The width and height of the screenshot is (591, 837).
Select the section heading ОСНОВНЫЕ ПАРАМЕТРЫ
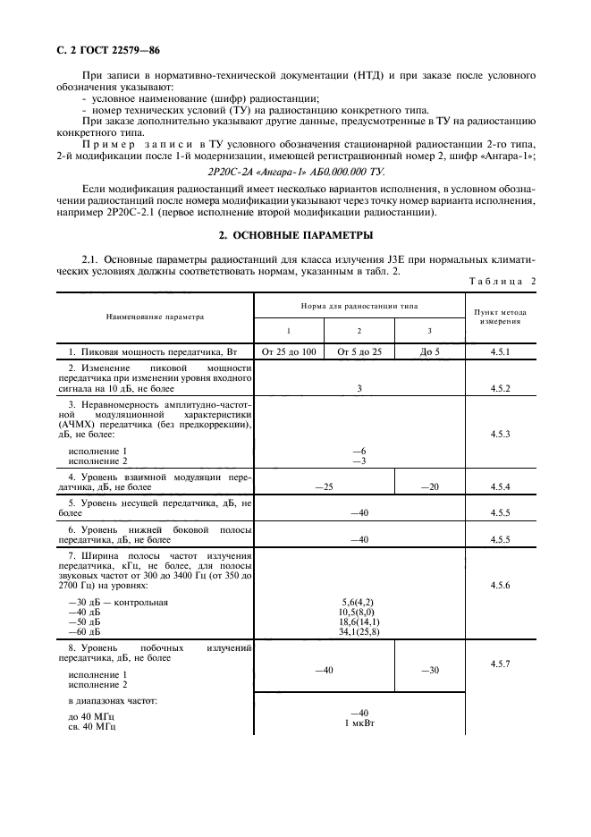point(295,235)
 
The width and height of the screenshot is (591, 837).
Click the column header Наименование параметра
point(155,316)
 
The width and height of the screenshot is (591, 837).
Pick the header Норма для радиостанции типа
point(359,305)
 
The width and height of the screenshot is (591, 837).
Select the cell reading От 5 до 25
point(359,351)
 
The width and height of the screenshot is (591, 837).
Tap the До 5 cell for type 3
point(430,351)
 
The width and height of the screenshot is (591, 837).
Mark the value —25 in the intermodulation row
point(324,486)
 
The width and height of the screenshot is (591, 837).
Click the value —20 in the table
point(430,486)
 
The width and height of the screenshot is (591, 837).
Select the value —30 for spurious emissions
point(430,670)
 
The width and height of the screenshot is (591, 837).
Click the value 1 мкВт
point(359,722)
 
